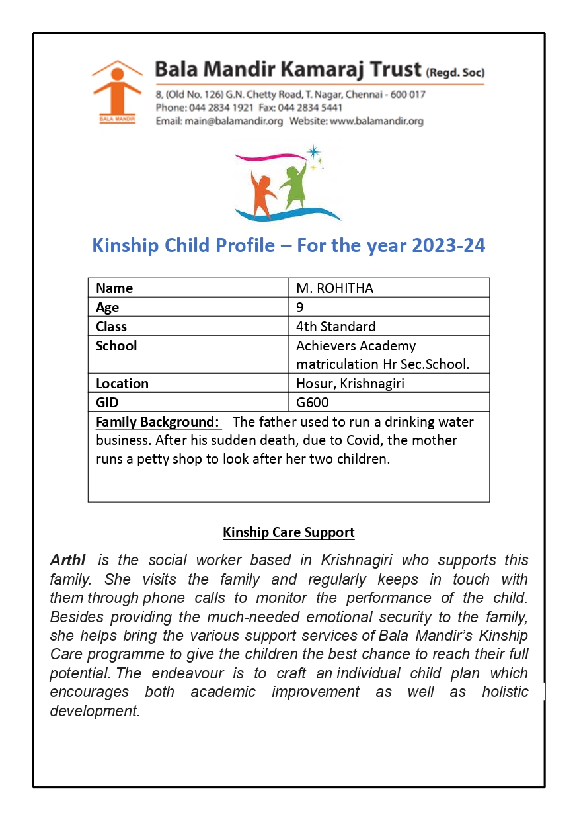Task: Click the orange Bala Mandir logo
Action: [116, 91]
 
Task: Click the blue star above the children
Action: [313, 152]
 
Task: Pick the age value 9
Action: [300, 307]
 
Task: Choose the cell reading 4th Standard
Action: [336, 327]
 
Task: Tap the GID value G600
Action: [313, 403]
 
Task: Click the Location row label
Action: [122, 384]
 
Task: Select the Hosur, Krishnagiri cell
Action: [350, 384]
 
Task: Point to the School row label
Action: [116, 346]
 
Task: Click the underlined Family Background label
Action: [157, 422]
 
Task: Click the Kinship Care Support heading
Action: [289, 532]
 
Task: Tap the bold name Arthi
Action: [68, 560]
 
